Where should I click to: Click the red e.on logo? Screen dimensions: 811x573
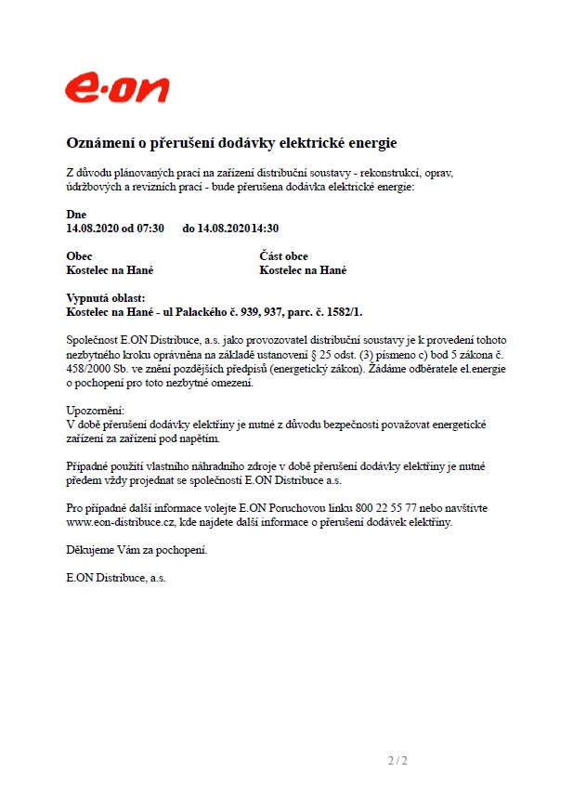pyautogui.click(x=117, y=88)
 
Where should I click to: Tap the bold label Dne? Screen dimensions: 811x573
pyautogui.click(x=76, y=215)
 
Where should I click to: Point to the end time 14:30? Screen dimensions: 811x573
pyautogui.click(x=266, y=228)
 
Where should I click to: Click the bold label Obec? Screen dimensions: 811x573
pyautogui.click(x=80, y=256)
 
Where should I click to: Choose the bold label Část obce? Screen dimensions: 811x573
pyautogui.click(x=283, y=256)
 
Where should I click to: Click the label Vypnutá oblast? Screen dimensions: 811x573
pyautogui.click(x=106, y=298)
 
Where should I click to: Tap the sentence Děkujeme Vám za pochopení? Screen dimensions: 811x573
pyautogui.click(x=137, y=550)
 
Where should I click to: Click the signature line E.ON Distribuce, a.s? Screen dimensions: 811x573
pyautogui.click(x=116, y=578)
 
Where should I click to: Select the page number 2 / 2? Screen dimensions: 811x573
pyautogui.click(x=397, y=762)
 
